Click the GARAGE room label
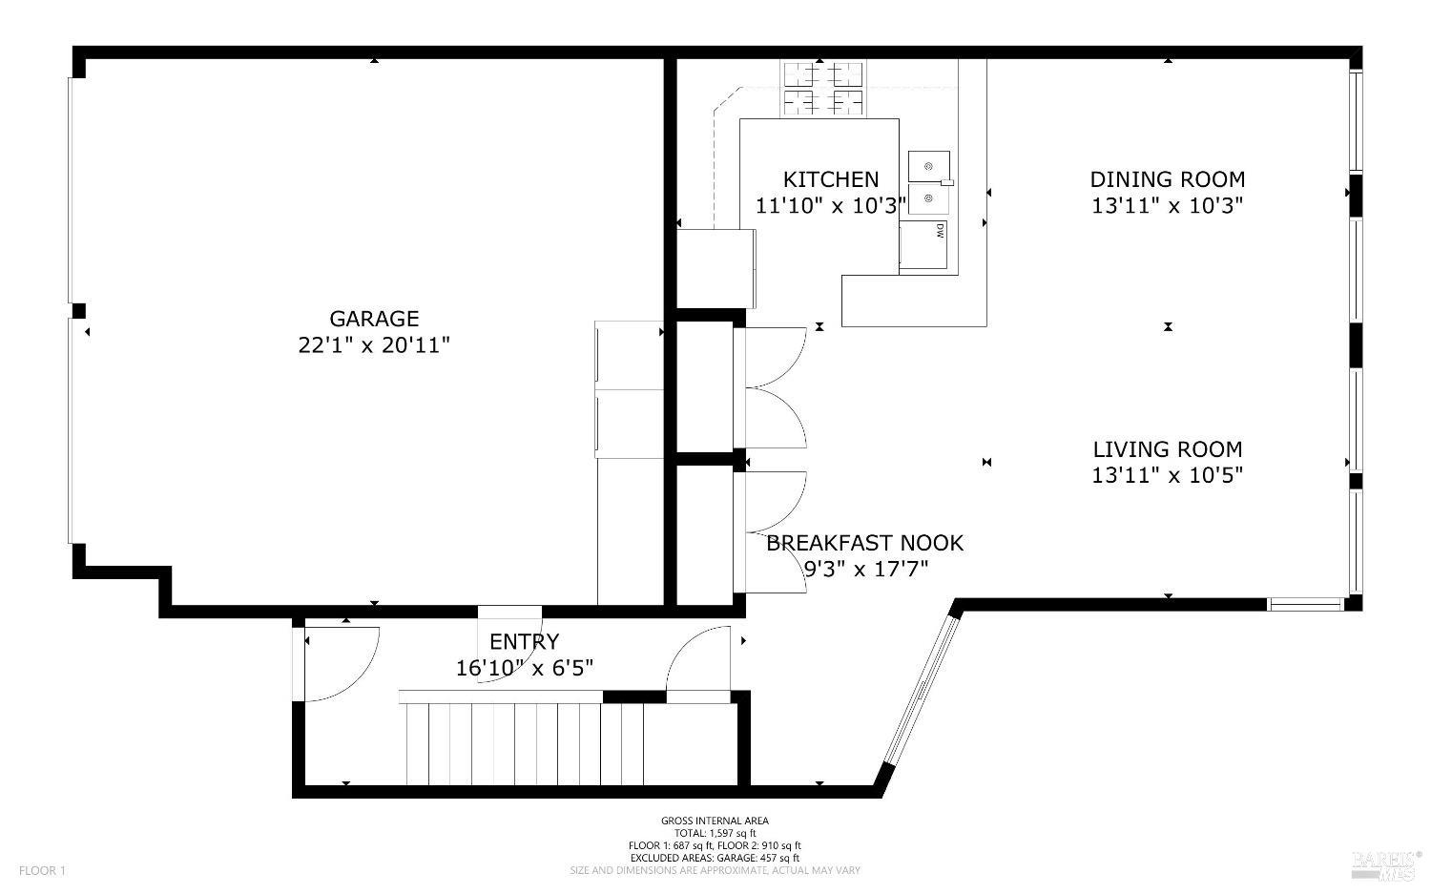coord(374,319)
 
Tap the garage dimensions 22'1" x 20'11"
coord(374,344)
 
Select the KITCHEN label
coord(830,179)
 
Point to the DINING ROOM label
coord(1167,179)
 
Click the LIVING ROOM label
coord(1167,449)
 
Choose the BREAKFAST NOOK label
coord(865,543)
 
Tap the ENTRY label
coord(524,641)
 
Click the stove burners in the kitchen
coord(821,88)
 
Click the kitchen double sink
coord(928,182)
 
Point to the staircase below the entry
coord(525,742)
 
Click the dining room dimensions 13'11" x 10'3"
coord(1167,205)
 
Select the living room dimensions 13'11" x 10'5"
coord(1167,475)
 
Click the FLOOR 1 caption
coord(42,870)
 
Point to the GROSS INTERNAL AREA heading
coord(715,821)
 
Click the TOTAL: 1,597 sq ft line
coord(715,833)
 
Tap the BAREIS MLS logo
coord(1384,863)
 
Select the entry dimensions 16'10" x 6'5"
coord(524,668)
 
